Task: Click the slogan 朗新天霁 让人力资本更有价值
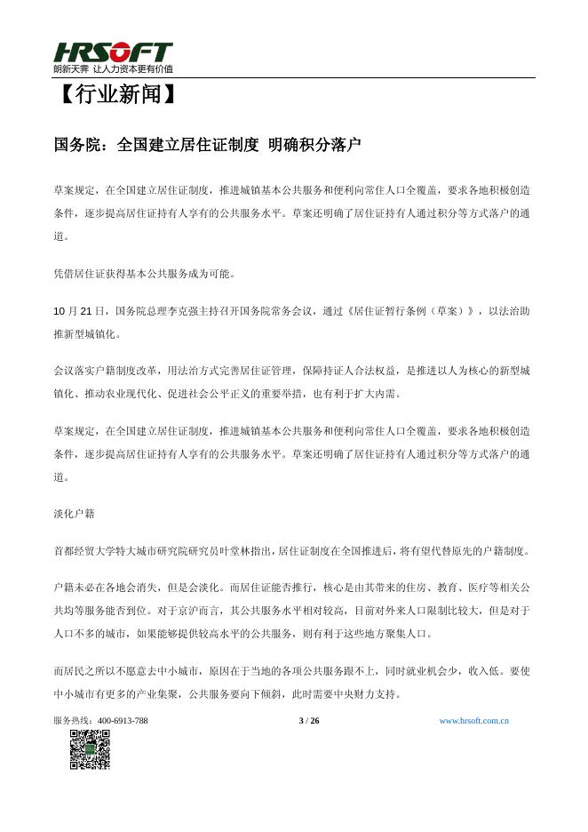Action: pyautogui.click(x=113, y=68)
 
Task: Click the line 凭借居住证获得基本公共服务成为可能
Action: pyautogui.click(x=145, y=274)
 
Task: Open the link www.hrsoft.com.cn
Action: pyautogui.click(x=474, y=720)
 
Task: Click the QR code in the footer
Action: pyautogui.click(x=89, y=748)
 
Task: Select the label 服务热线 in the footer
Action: pyautogui.click(x=73, y=720)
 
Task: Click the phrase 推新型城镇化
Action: pyautogui.click(x=85, y=334)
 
